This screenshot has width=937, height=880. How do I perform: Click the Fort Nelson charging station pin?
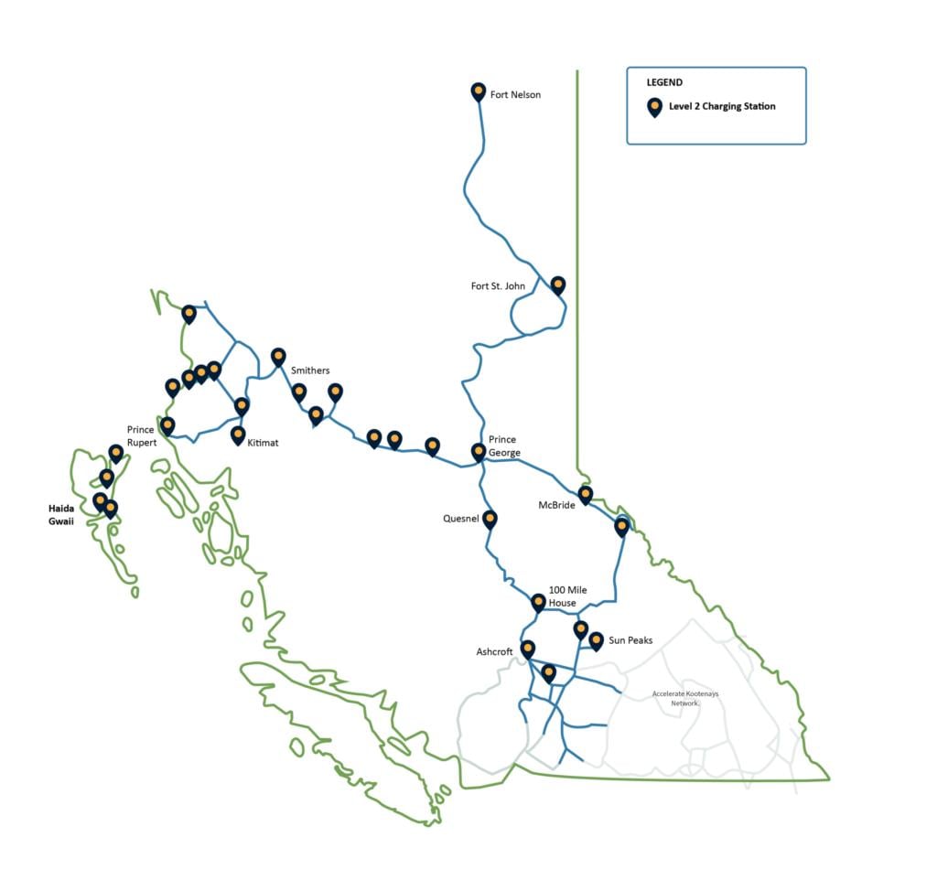(478, 91)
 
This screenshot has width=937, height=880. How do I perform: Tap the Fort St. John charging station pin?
(558, 284)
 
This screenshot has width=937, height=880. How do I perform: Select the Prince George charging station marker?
(478, 451)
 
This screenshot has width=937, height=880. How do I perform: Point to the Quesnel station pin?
(490, 519)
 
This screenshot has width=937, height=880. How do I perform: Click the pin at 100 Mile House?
(538, 602)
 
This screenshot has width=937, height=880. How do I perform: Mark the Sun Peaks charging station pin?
(596, 640)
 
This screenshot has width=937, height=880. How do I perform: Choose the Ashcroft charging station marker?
(527, 649)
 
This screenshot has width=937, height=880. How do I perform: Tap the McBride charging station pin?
(586, 494)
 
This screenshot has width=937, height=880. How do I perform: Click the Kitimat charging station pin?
(238, 435)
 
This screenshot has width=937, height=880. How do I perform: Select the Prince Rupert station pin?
(167, 425)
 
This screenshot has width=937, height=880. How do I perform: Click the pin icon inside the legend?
(654, 107)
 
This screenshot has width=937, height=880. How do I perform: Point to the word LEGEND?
(664, 82)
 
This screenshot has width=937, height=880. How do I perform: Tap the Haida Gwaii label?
(62, 514)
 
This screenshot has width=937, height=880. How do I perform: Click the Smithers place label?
(310, 370)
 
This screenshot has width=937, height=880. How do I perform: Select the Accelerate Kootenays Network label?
(685, 698)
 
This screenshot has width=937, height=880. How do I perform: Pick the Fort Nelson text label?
(515, 94)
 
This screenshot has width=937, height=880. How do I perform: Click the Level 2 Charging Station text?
(722, 106)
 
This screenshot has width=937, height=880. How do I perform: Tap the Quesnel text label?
(461, 520)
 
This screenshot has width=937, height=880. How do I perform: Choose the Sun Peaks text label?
(630, 640)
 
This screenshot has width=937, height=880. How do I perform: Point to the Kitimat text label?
(263, 443)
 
